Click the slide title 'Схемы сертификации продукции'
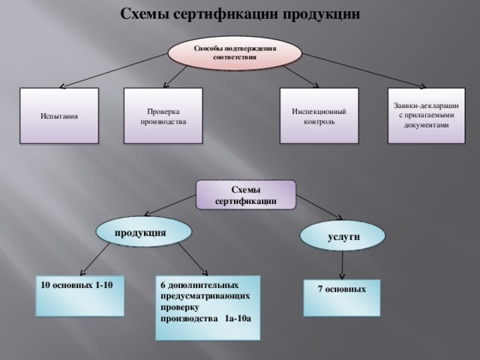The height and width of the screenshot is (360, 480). [240, 14]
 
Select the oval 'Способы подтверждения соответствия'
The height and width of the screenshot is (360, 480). [235, 52]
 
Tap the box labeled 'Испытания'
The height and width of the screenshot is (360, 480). [61, 117]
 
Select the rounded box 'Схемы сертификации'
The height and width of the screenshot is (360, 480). [246, 195]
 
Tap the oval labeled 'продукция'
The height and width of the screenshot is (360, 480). [141, 232]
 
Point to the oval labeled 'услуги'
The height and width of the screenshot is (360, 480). [343, 236]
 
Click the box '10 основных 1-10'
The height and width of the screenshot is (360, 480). [82, 295]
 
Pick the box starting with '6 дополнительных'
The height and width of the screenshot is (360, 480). [208, 307]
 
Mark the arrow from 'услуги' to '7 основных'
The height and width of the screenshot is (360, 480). [343, 264]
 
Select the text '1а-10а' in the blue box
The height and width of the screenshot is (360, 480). [237, 319]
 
